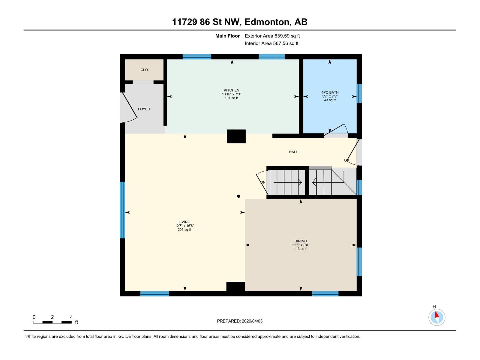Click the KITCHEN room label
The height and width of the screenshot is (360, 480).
pyautogui.click(x=231, y=90)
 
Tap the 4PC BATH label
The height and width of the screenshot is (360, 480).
pyautogui.click(x=330, y=93)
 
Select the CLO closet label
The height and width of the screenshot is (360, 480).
pyautogui.click(x=144, y=70)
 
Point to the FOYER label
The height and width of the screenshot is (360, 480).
pyautogui.click(x=144, y=109)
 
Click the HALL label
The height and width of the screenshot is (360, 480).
pyautogui.click(x=293, y=152)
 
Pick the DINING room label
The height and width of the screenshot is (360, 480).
pyautogui.click(x=301, y=241)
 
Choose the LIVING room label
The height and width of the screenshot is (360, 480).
pyautogui.click(x=184, y=222)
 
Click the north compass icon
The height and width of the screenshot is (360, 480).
pyautogui.click(x=436, y=317)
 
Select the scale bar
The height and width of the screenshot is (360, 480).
pyautogui.click(x=52, y=322)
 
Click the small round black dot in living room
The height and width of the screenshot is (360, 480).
pyautogui.click(x=239, y=196)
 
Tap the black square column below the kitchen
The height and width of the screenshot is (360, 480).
pyautogui.click(x=236, y=136)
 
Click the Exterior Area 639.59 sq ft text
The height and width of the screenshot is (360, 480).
pyautogui.click(x=272, y=36)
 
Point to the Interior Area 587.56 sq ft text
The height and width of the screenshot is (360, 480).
pyautogui.click(x=271, y=43)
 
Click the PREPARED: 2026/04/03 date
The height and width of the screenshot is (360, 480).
pyautogui.click(x=240, y=321)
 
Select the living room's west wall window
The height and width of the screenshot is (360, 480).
pyautogui.click(x=122, y=210)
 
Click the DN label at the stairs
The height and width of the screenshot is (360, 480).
pyautogui.click(x=263, y=182)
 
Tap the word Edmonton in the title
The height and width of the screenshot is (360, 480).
pyautogui.click(x=267, y=22)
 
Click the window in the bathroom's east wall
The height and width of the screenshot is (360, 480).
pyautogui.click(x=359, y=93)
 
